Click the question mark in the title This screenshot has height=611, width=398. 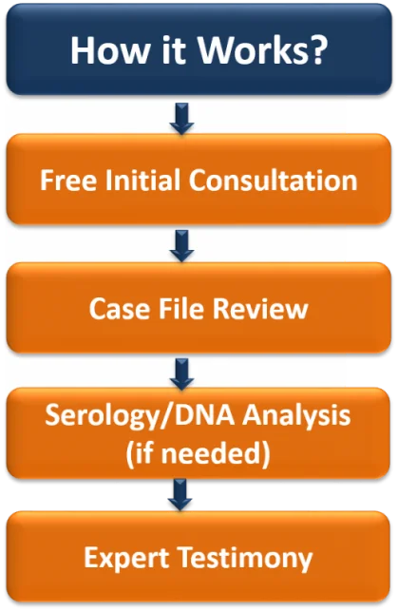[318, 50]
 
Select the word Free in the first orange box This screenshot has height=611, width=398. [68, 180]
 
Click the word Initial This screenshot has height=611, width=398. [142, 180]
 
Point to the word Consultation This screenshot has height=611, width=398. [273, 180]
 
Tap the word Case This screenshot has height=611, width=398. [120, 309]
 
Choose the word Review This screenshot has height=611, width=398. [260, 309]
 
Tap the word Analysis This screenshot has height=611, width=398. [296, 415]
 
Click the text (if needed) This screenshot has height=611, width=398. [198, 453]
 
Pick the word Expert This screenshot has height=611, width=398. [127, 558]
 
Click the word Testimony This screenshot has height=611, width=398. [246, 558]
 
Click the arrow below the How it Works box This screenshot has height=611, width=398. [181, 119]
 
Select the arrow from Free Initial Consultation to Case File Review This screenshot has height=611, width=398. [181, 246]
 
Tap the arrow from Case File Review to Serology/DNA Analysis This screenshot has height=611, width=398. [181, 374]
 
